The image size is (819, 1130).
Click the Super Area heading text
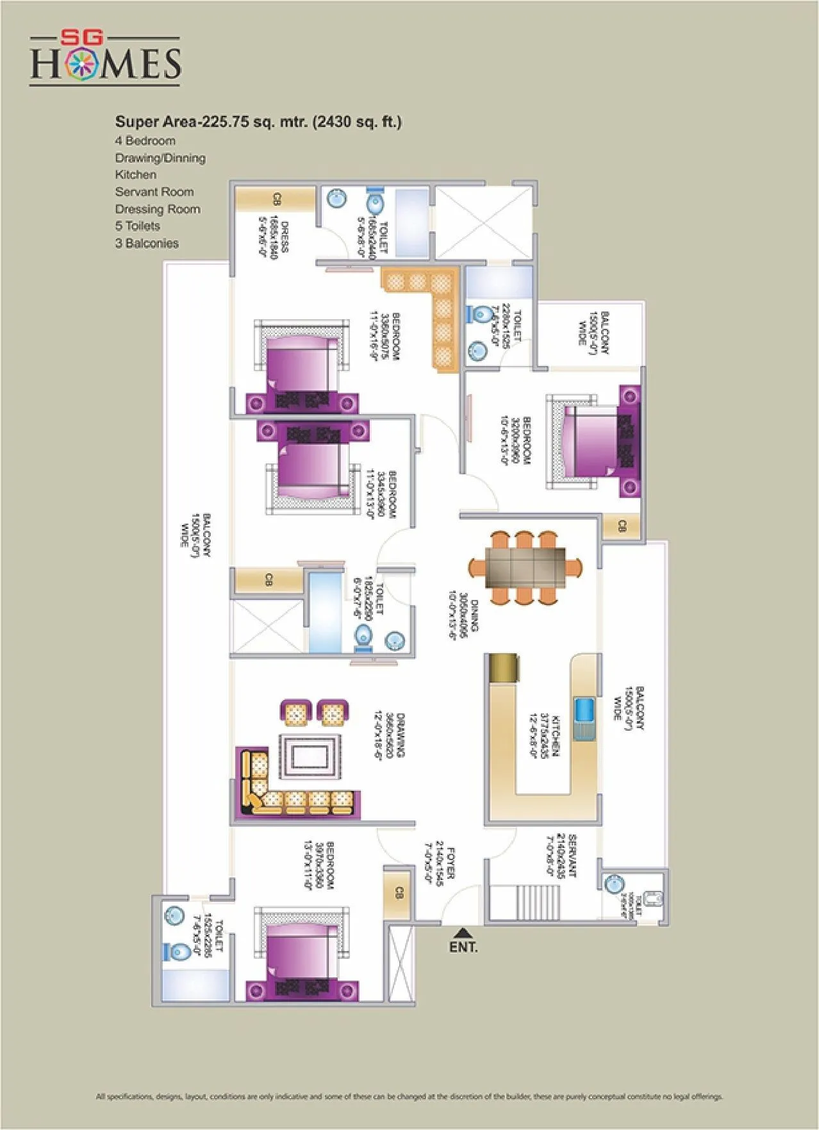(x=258, y=122)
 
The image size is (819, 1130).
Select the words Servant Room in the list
(x=154, y=192)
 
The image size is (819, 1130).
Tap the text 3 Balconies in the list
(x=147, y=243)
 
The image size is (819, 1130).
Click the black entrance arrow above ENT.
(x=463, y=933)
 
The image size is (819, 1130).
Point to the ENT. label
(x=463, y=947)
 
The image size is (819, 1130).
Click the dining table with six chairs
(x=525, y=567)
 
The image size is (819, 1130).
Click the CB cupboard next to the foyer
(x=399, y=892)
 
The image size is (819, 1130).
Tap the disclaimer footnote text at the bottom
(x=409, y=1096)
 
